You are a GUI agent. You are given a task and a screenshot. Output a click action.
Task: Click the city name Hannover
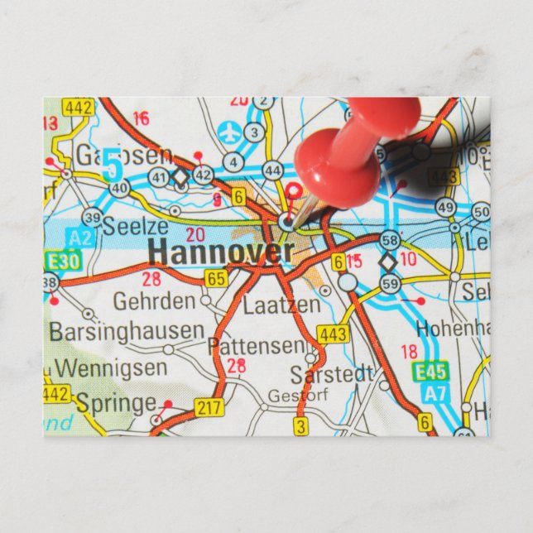(215, 252)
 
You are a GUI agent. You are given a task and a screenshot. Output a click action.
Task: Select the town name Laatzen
(281, 305)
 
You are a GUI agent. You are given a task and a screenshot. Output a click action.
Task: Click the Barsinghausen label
(126, 331)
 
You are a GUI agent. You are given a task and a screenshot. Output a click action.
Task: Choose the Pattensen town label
(255, 344)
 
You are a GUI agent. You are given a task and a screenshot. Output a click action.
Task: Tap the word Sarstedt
(332, 373)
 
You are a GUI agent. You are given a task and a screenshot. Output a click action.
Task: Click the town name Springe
(116, 403)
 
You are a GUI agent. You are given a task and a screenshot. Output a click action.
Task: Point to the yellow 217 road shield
(207, 406)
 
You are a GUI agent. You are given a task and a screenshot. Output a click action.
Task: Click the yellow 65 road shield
(217, 279)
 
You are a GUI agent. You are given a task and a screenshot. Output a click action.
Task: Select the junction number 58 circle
(389, 241)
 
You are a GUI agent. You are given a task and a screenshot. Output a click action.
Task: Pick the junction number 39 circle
(92, 218)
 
